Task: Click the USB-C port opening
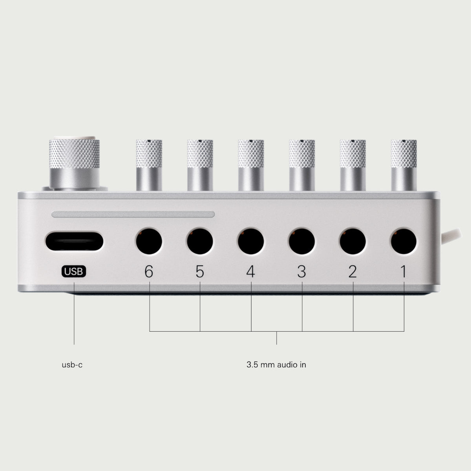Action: pos(74,241)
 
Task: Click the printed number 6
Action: pos(149,272)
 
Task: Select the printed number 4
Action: pos(251,272)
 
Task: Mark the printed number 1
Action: pos(403,272)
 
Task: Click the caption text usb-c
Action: pos(72,365)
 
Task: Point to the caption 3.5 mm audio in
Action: pos(276,365)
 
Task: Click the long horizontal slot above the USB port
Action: pos(133,214)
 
